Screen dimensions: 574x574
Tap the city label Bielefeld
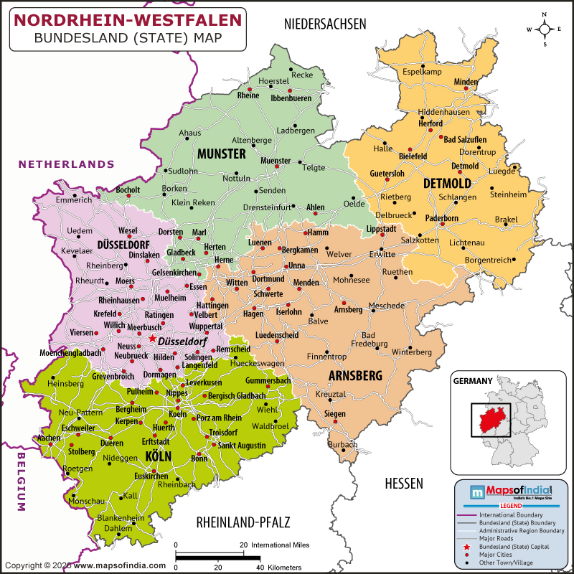413,156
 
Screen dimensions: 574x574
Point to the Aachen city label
49,438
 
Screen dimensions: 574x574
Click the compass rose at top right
545,29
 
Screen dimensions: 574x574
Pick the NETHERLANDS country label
66,164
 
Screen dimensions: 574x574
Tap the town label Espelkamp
425,72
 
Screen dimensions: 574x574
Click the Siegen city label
334,414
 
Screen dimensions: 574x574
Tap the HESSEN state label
403,483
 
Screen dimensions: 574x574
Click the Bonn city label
199,458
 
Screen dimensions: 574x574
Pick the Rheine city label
248,95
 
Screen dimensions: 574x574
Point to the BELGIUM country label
21,481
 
